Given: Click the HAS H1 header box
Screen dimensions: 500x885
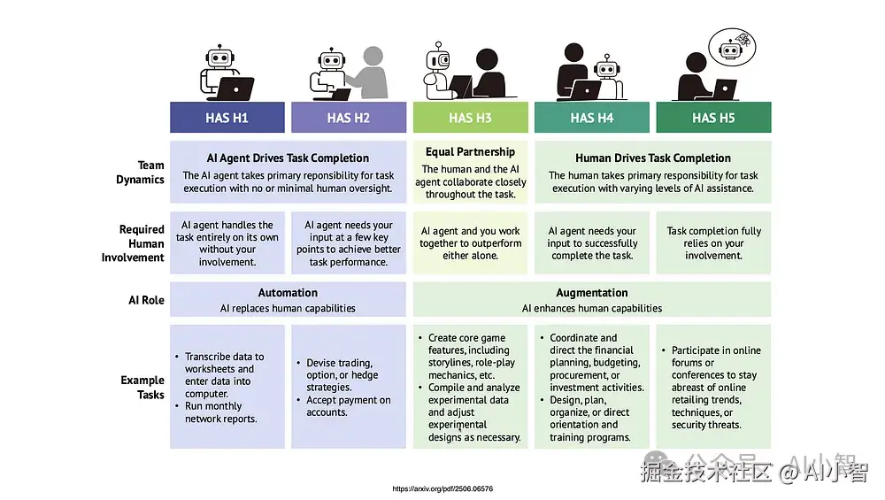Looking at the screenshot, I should (x=227, y=118).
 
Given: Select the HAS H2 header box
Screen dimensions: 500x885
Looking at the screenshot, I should (x=349, y=118).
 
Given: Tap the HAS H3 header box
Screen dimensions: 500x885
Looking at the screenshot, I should (x=470, y=118).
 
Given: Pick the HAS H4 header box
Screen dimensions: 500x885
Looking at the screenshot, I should (x=591, y=118).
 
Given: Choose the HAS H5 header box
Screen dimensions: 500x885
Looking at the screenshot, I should (x=713, y=118).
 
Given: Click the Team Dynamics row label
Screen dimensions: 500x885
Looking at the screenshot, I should (x=141, y=173).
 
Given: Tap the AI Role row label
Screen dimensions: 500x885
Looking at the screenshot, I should (x=146, y=300).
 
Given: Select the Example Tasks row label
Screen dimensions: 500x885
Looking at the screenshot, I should (x=142, y=387).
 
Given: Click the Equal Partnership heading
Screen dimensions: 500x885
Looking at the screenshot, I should (x=470, y=152).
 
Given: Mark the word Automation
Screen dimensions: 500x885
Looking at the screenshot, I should (x=288, y=293).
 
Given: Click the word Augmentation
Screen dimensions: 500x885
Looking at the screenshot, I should (x=592, y=293).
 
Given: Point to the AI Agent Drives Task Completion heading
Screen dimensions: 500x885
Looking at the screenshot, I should (x=288, y=158).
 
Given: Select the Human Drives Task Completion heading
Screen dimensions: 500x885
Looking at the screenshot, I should (x=653, y=158).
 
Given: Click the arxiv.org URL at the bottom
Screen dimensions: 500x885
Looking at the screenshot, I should (x=442, y=488).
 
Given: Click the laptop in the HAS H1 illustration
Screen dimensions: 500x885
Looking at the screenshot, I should (x=235, y=88).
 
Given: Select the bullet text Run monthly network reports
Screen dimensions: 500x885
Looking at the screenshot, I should (x=220, y=412).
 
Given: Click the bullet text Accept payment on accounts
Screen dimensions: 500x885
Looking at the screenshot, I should (x=348, y=406).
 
